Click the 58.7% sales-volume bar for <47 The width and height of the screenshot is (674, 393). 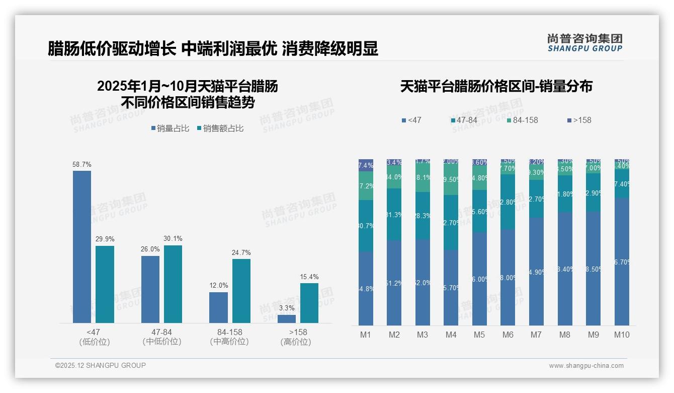click(82, 247)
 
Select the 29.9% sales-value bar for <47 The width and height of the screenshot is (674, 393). click(105, 284)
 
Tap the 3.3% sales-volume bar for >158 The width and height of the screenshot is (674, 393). click(287, 319)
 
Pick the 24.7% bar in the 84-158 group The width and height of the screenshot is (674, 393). click(241, 291)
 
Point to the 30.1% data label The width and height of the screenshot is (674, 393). click(173, 239)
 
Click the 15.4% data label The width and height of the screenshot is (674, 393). click(309, 277)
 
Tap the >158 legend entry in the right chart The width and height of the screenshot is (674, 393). click(579, 120)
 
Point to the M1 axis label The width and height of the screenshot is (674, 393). click(366, 335)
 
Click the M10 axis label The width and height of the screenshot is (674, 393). click(622, 335)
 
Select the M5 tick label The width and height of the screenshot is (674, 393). click(479, 335)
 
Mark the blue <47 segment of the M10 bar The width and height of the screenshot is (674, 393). click(622, 262)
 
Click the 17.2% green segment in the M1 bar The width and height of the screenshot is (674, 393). click(366, 186)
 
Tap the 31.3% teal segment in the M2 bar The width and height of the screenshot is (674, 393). click(394, 215)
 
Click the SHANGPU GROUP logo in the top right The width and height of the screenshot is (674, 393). click(584, 42)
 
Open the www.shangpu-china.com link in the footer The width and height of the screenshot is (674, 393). click(586, 366)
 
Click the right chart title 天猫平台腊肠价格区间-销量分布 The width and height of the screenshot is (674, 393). click(496, 87)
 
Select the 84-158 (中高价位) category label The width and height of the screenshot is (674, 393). click(229, 337)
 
